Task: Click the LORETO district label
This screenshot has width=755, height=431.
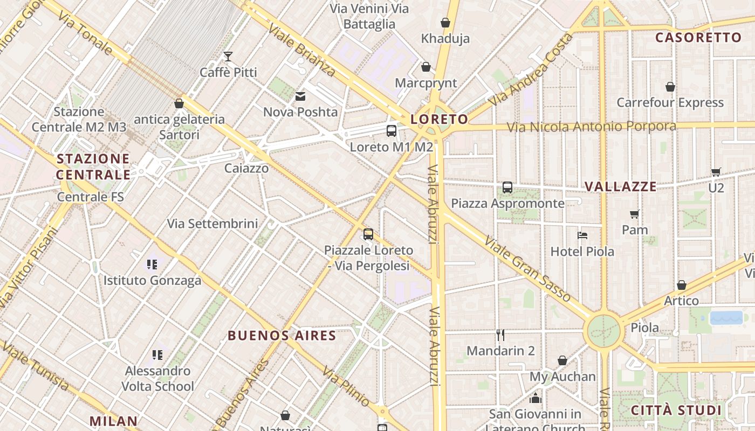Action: (x=439, y=119)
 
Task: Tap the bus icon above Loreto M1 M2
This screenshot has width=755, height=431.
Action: (x=392, y=131)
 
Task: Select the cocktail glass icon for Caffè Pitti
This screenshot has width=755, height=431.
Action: (x=228, y=57)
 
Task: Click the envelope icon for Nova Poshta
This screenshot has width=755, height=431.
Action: (x=300, y=96)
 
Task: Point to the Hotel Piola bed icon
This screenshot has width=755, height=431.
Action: (x=582, y=235)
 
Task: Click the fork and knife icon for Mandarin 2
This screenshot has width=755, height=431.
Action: (x=500, y=335)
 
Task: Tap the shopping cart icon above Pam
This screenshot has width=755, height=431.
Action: (x=635, y=214)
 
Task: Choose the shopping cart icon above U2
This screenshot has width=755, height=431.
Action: (x=716, y=172)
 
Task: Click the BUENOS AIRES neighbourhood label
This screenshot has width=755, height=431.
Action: (x=282, y=336)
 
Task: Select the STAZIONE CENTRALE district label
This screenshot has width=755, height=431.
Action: (x=93, y=166)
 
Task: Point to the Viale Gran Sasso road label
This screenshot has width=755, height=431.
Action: (x=527, y=268)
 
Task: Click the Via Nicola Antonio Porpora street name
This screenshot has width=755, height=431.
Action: (x=591, y=127)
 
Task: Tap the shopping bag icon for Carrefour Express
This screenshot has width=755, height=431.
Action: (x=670, y=87)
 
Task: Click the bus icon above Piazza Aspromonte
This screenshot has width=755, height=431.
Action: (x=507, y=187)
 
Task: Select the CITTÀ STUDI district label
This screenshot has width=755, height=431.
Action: (x=676, y=410)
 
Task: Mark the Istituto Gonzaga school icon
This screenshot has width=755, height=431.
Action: (x=152, y=265)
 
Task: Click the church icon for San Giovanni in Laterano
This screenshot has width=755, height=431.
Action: (x=535, y=398)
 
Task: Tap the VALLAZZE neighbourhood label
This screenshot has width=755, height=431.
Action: (x=621, y=187)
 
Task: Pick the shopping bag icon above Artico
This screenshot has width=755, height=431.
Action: (x=682, y=285)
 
